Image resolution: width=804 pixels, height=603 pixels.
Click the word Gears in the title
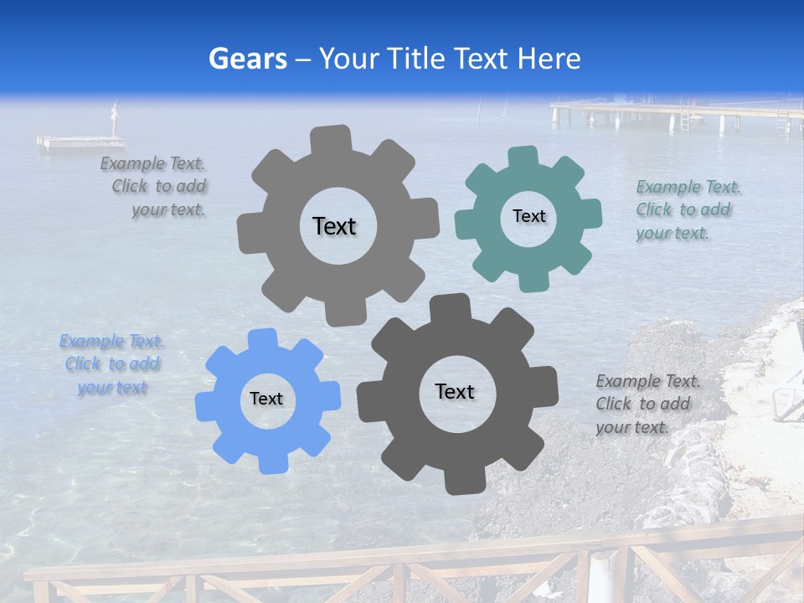[x=248, y=59]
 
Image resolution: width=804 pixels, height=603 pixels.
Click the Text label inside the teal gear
[x=528, y=216]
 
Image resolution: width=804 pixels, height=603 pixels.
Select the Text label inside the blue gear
[x=266, y=399]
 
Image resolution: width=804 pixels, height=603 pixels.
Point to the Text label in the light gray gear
[x=334, y=226]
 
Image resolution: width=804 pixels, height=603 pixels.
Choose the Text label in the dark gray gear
[x=455, y=391]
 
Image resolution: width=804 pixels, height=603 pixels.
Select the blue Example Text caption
[x=112, y=364]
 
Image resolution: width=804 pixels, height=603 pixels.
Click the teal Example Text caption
[x=688, y=210]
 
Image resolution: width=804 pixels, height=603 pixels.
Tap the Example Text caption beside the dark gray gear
[x=647, y=405]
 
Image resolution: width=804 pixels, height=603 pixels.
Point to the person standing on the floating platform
[x=116, y=118]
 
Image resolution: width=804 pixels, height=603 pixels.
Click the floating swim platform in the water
[x=81, y=143]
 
